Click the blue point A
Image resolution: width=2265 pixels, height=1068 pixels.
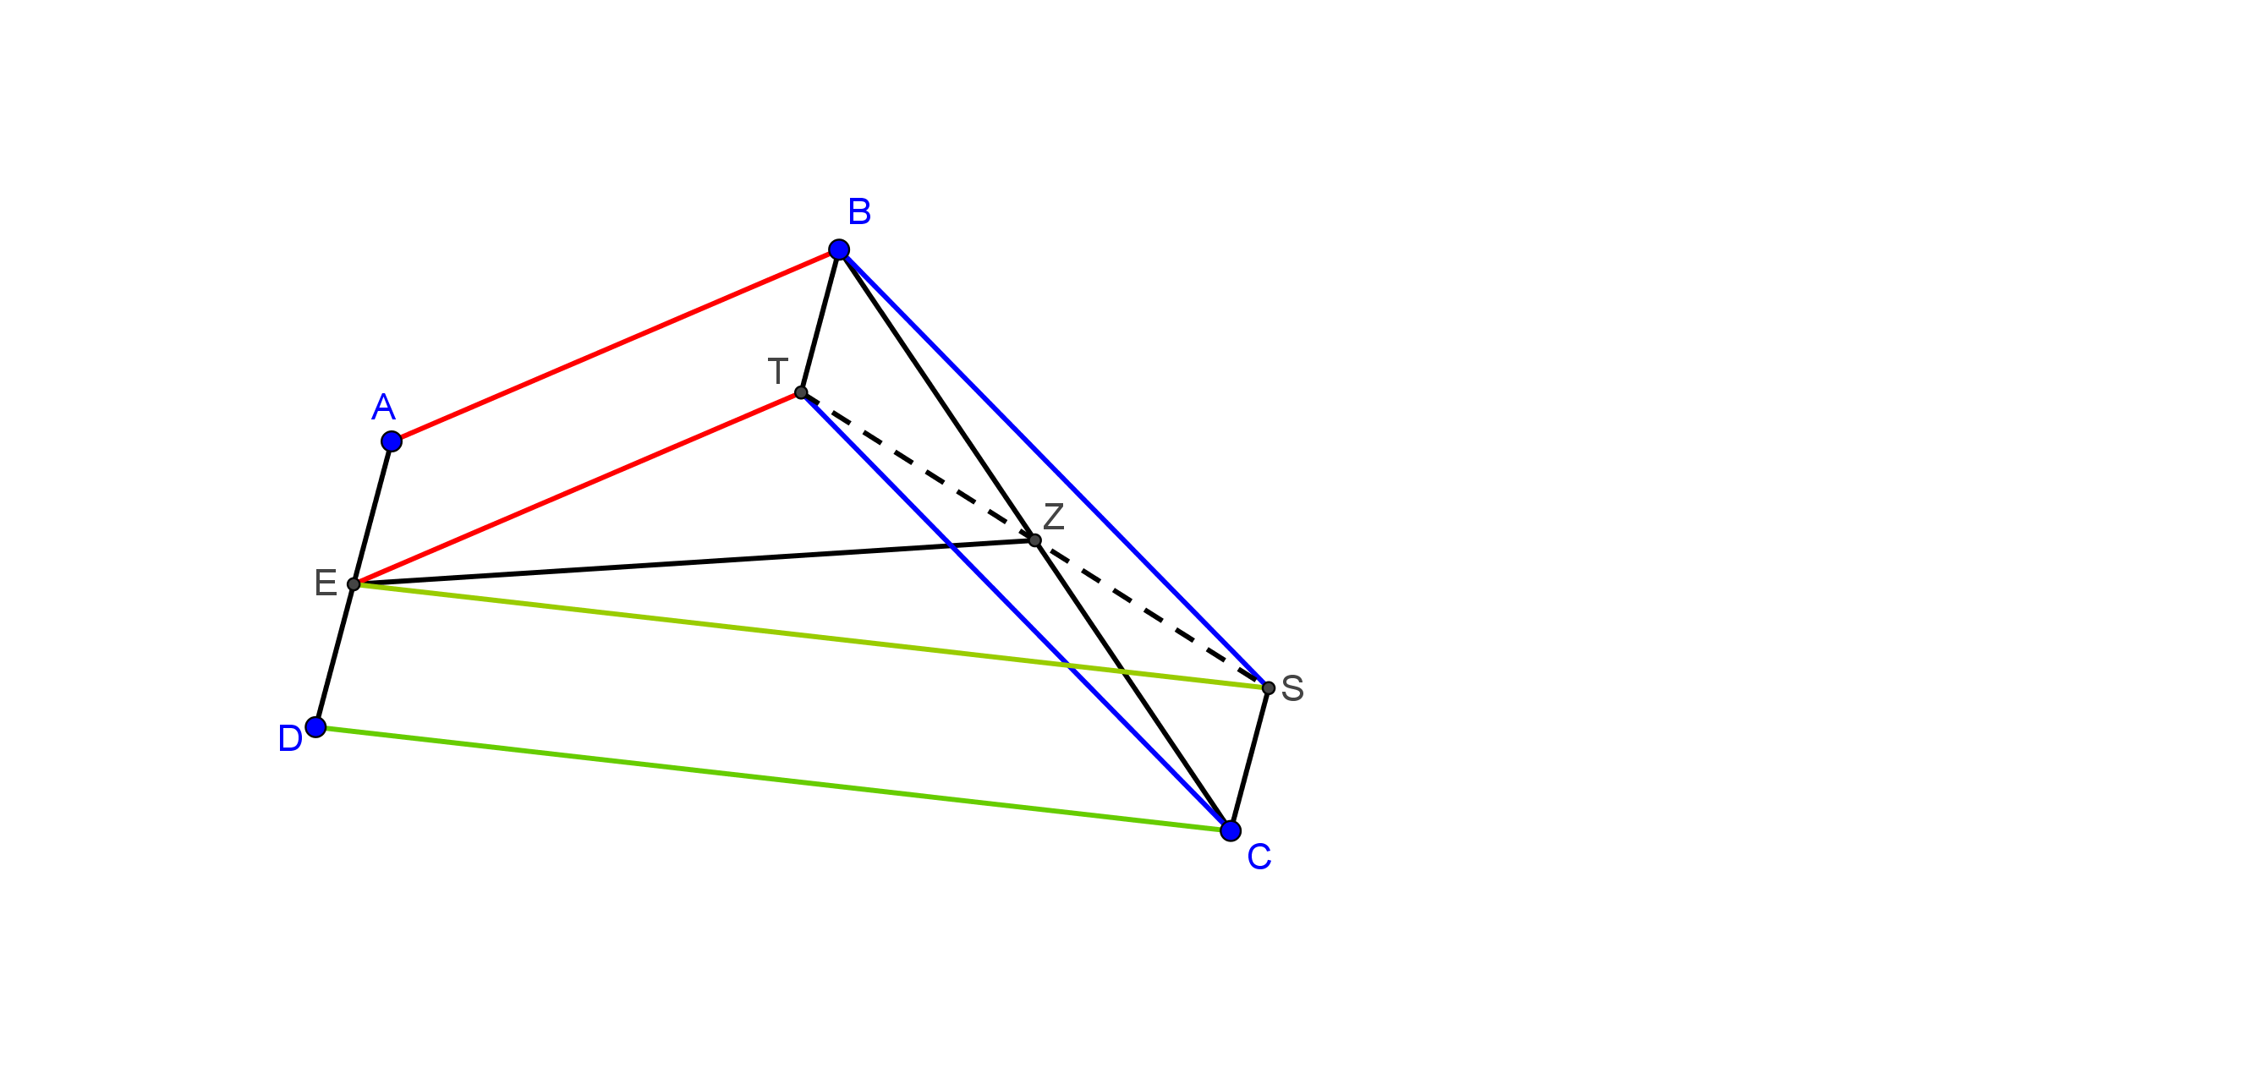point(392,441)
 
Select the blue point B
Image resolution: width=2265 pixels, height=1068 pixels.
point(839,249)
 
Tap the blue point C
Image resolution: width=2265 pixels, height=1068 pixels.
point(1230,830)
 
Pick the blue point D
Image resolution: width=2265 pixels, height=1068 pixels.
point(315,727)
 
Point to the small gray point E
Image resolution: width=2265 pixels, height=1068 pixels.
point(354,584)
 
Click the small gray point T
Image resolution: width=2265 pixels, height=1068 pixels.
point(801,392)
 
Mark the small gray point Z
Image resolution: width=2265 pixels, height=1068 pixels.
point(1035,540)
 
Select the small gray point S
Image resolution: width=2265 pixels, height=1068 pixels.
point(1268,688)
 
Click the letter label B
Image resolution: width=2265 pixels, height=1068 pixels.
point(859,212)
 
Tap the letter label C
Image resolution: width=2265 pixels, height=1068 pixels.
point(1259,857)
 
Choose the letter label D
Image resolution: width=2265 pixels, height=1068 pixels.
point(290,739)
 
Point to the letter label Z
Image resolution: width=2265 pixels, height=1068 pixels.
point(1053,517)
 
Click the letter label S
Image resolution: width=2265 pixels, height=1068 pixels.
point(1292,688)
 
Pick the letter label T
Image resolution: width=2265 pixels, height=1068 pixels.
point(777,371)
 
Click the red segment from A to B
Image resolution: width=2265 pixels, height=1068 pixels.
point(616,346)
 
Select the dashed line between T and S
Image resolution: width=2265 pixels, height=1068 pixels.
point(1034,539)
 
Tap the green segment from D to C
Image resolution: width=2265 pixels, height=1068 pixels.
point(773,779)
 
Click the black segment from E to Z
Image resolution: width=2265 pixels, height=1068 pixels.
point(694,562)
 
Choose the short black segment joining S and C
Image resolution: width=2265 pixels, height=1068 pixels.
point(1249,759)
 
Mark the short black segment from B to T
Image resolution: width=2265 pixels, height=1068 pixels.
point(820,320)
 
